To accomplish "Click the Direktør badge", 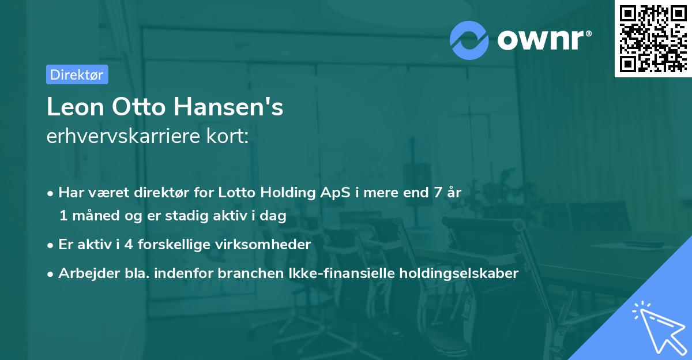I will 77,74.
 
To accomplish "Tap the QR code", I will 653,39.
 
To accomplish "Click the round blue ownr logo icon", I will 469,39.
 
